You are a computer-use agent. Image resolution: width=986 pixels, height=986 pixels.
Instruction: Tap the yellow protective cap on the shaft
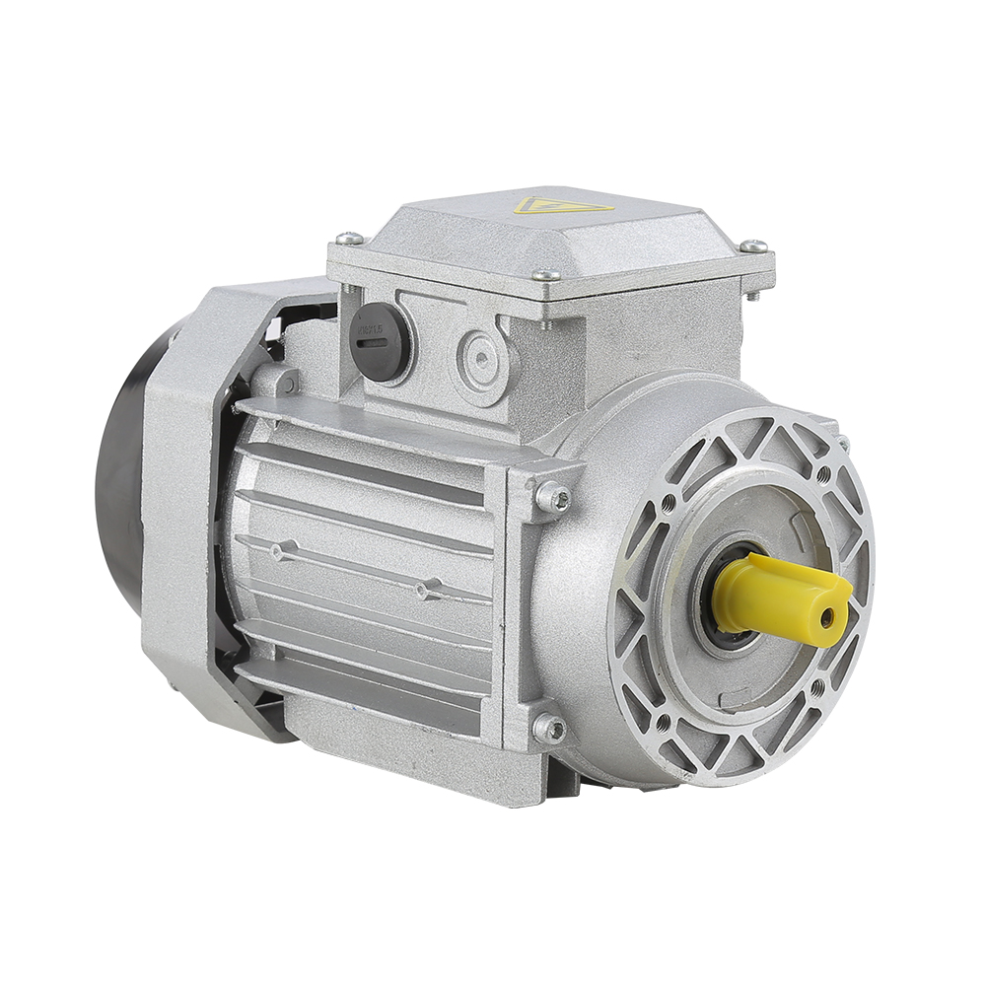point(779,598)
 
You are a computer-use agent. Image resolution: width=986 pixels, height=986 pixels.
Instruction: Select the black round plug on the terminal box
point(380,339)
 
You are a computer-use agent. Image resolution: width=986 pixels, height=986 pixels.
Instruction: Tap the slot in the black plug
point(373,342)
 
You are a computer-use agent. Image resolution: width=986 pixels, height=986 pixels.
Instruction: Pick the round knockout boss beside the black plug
point(480,361)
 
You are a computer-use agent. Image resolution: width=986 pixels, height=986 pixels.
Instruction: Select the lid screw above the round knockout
point(545,276)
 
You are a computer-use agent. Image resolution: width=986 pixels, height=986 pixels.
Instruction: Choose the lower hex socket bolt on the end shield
point(549,729)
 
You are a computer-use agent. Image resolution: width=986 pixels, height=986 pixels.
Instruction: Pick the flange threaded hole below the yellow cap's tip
point(817,684)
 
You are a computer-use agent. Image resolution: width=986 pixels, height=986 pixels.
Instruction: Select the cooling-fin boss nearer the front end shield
point(424,590)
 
